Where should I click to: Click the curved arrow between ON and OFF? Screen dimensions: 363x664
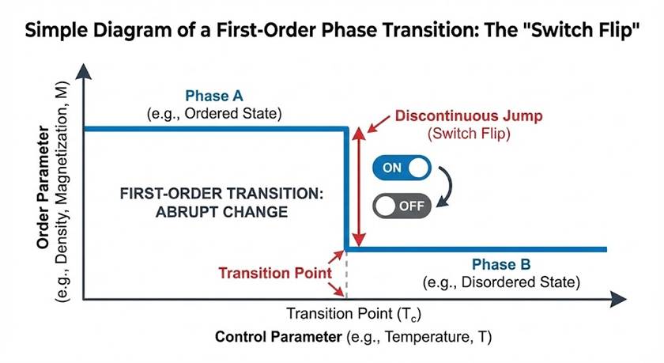tap(445, 187)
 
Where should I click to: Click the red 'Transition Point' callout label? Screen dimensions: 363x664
tap(274, 273)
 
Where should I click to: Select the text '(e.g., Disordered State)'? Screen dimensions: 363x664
tap(502, 282)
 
